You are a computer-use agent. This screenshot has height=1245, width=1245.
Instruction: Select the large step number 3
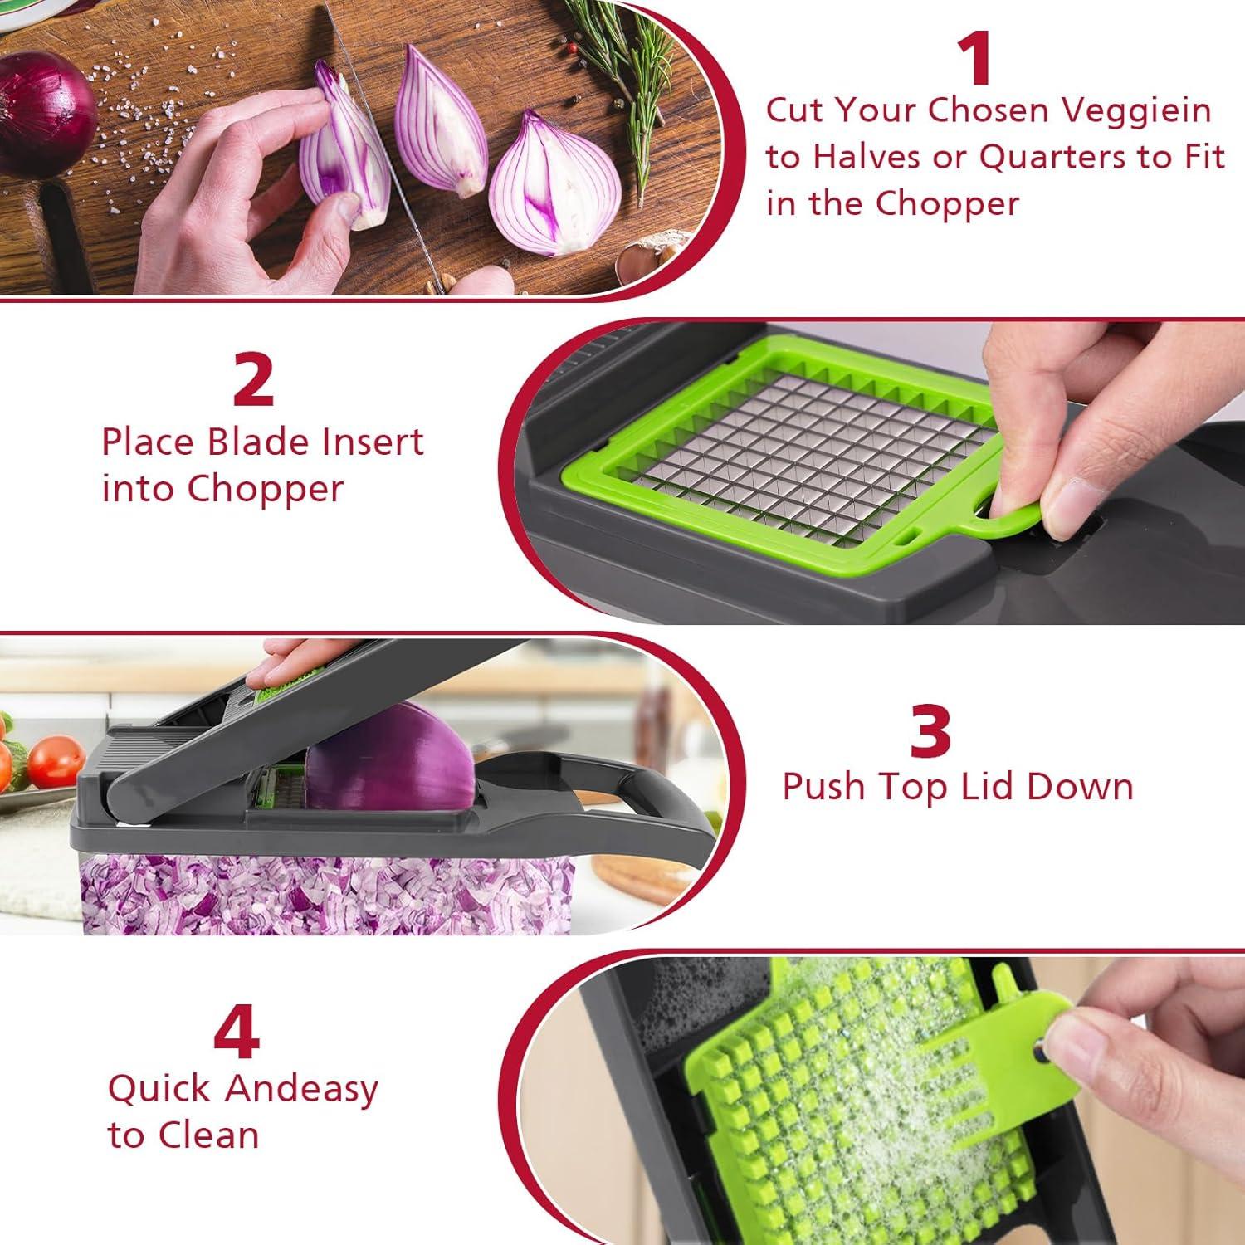point(929,730)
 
